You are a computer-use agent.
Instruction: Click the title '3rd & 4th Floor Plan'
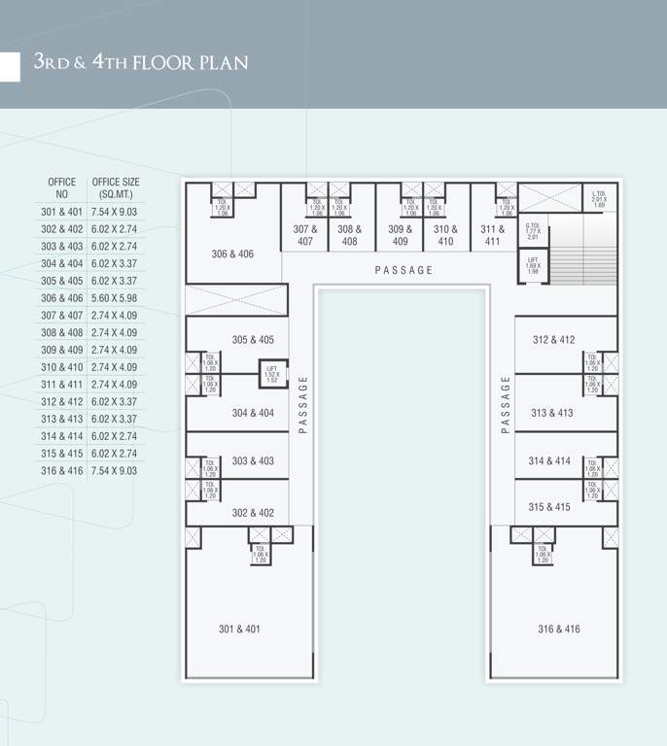[141, 63]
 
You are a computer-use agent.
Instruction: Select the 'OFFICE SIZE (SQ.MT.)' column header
[116, 188]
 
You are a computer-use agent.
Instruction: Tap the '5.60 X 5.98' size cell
[115, 298]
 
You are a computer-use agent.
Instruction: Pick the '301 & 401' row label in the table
[62, 212]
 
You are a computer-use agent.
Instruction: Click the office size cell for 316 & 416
[115, 471]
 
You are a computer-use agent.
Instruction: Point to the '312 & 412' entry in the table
[62, 402]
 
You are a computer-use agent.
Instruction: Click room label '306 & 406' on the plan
[232, 254]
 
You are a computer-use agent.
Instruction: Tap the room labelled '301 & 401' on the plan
[239, 629]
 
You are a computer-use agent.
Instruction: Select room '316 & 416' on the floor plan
[558, 629]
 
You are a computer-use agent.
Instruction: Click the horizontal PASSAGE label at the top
[404, 270]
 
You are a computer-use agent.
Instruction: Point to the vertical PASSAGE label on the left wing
[303, 403]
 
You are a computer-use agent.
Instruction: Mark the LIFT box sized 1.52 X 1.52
[272, 373]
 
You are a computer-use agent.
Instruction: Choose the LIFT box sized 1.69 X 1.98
[533, 265]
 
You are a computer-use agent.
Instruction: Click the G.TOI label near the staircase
[533, 231]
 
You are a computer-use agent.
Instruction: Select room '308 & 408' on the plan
[350, 235]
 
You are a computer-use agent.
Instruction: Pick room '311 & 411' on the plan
[493, 235]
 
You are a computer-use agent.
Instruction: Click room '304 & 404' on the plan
[252, 413]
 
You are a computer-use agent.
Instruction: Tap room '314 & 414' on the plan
[549, 461]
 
